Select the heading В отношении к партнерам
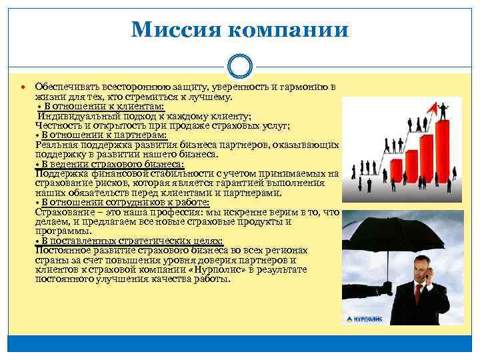click(x=105, y=135)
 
